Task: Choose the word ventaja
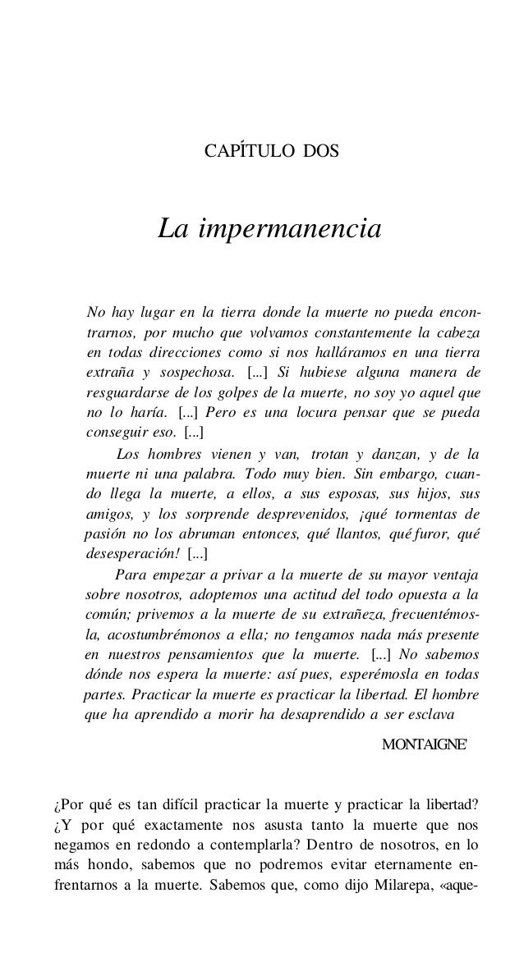pyautogui.click(x=450, y=574)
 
